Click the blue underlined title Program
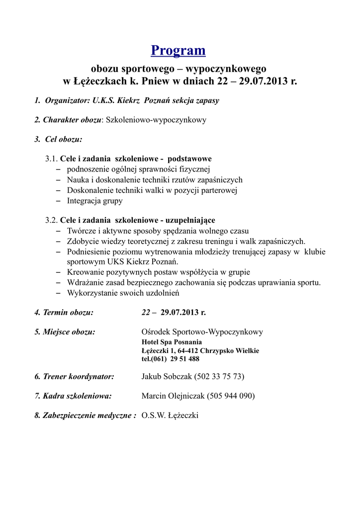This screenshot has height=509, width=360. [178, 50]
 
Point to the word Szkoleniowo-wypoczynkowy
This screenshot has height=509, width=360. [156, 120]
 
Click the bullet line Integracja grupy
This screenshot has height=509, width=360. [94, 201]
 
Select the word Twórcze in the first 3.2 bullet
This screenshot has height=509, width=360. [81, 231]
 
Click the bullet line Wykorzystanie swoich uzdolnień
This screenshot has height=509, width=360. [123, 293]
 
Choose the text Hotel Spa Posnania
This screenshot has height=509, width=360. [172, 342]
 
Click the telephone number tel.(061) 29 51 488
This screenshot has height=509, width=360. [171, 359]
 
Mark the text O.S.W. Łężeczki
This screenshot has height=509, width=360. [170, 416]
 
